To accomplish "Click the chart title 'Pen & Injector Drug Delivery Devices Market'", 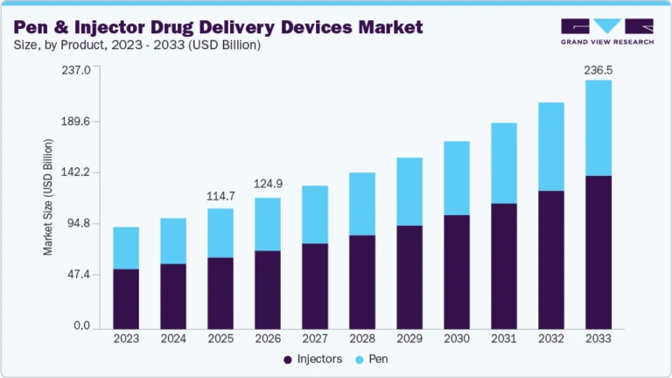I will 218,27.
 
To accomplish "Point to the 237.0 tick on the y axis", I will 76,71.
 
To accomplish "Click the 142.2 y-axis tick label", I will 76,172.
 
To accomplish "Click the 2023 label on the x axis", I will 126,339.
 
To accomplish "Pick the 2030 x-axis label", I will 457,339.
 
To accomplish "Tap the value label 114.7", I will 220,196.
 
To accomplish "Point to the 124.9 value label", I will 268,185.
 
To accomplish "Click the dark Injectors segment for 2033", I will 598,252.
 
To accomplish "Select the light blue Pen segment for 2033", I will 598,128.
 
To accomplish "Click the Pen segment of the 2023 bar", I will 126,248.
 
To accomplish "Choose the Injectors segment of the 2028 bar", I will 362,282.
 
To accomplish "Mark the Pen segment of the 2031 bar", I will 504,163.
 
